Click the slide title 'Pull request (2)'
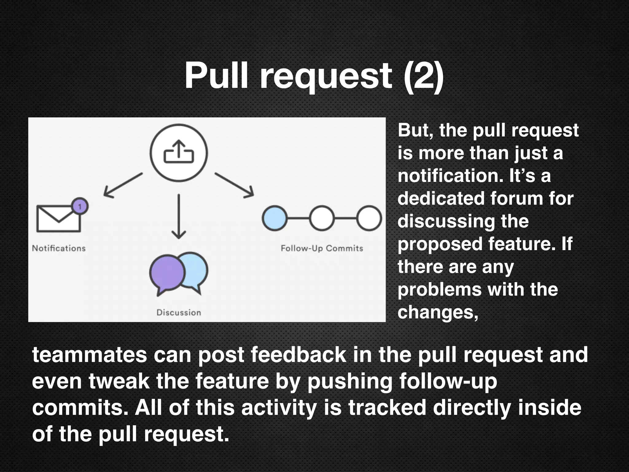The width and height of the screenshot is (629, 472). pyautogui.click(x=314, y=76)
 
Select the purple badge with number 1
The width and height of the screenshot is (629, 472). pyautogui.click(x=80, y=206)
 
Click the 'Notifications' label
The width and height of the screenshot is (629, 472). pyautogui.click(x=59, y=248)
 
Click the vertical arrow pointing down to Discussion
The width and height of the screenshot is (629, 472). pyautogui.click(x=178, y=216)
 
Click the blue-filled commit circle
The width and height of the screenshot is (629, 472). pyautogui.click(x=275, y=218)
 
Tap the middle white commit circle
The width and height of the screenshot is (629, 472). pyautogui.click(x=322, y=218)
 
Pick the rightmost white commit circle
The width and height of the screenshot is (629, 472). pyautogui.click(x=369, y=218)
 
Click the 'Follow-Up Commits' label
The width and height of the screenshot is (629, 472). pyautogui.click(x=322, y=248)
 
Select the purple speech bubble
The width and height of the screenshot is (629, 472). pyautogui.click(x=167, y=273)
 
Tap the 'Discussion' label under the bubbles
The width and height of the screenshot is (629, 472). pyautogui.click(x=179, y=313)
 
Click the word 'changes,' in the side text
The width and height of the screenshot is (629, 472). pyautogui.click(x=438, y=313)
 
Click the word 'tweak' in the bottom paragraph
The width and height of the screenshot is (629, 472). pyautogui.click(x=119, y=381)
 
